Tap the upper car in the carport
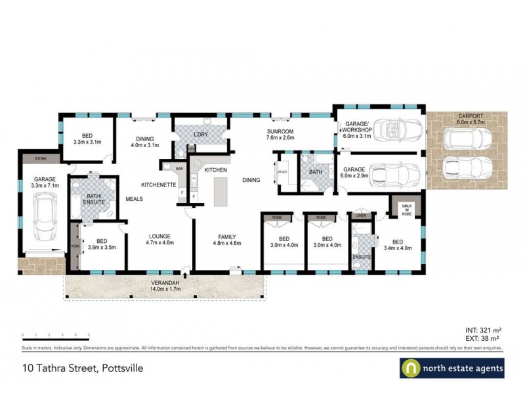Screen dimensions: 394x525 coord(467,138)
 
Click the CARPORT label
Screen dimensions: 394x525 coord(466,119)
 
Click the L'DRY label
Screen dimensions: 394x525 coord(201,135)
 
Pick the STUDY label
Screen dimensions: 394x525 coord(283,172)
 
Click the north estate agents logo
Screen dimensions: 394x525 coord(452,369)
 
